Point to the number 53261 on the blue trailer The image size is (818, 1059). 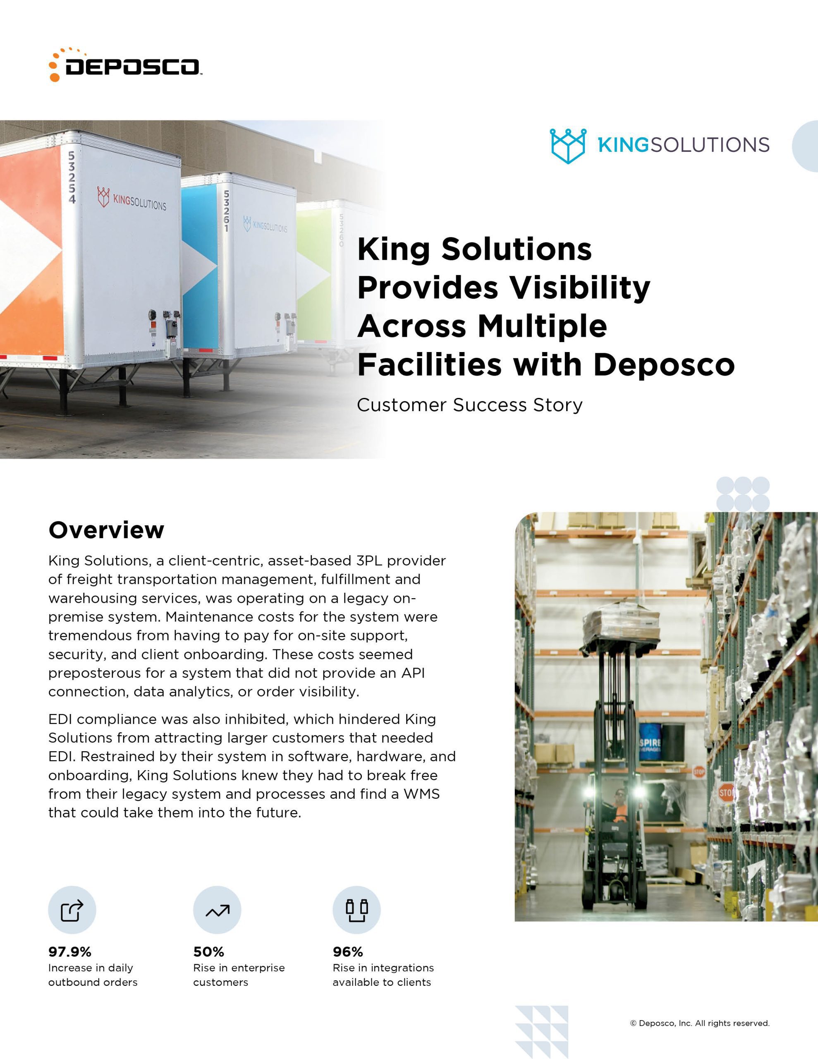pyautogui.click(x=226, y=211)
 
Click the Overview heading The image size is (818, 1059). pyautogui.click(x=106, y=529)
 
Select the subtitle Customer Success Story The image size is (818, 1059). pyautogui.click(x=469, y=405)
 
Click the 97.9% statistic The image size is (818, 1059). pyautogui.click(x=70, y=952)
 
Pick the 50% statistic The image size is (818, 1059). pyautogui.click(x=208, y=952)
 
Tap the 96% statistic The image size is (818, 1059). pyautogui.click(x=348, y=952)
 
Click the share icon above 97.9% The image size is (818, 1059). pyautogui.click(x=72, y=910)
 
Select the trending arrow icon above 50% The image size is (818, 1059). pyautogui.click(x=217, y=910)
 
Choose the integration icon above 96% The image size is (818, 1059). pyautogui.click(x=356, y=910)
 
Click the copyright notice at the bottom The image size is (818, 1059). pyautogui.click(x=699, y=1023)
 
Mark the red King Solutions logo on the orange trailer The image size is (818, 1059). pyautogui.click(x=132, y=199)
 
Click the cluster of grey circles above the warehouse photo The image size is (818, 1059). pyautogui.click(x=743, y=494)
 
